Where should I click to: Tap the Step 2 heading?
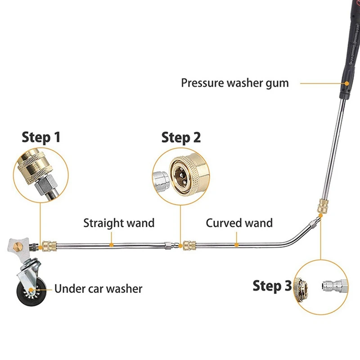click(181, 137)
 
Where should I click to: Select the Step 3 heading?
click(272, 285)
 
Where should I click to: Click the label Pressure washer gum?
click(234, 83)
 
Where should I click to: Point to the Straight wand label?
click(119, 223)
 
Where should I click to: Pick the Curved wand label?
click(239, 223)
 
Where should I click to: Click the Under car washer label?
click(98, 288)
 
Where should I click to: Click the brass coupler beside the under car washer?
click(49, 246)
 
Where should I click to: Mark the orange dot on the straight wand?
click(111, 245)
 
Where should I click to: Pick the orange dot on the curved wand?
click(237, 245)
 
